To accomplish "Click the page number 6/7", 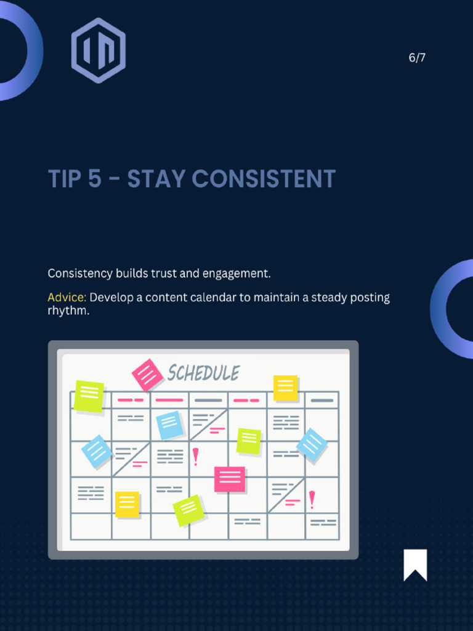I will click(417, 58).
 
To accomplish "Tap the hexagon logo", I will click(99, 51).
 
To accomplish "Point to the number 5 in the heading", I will click(94, 179).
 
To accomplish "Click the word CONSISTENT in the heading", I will click(264, 179).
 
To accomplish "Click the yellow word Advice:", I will click(67, 298).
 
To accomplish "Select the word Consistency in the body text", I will click(80, 273).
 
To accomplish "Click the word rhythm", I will click(68, 311).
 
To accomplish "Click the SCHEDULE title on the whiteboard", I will click(203, 373).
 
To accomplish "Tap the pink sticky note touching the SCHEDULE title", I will click(147, 375).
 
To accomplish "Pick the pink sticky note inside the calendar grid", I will click(230, 479).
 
